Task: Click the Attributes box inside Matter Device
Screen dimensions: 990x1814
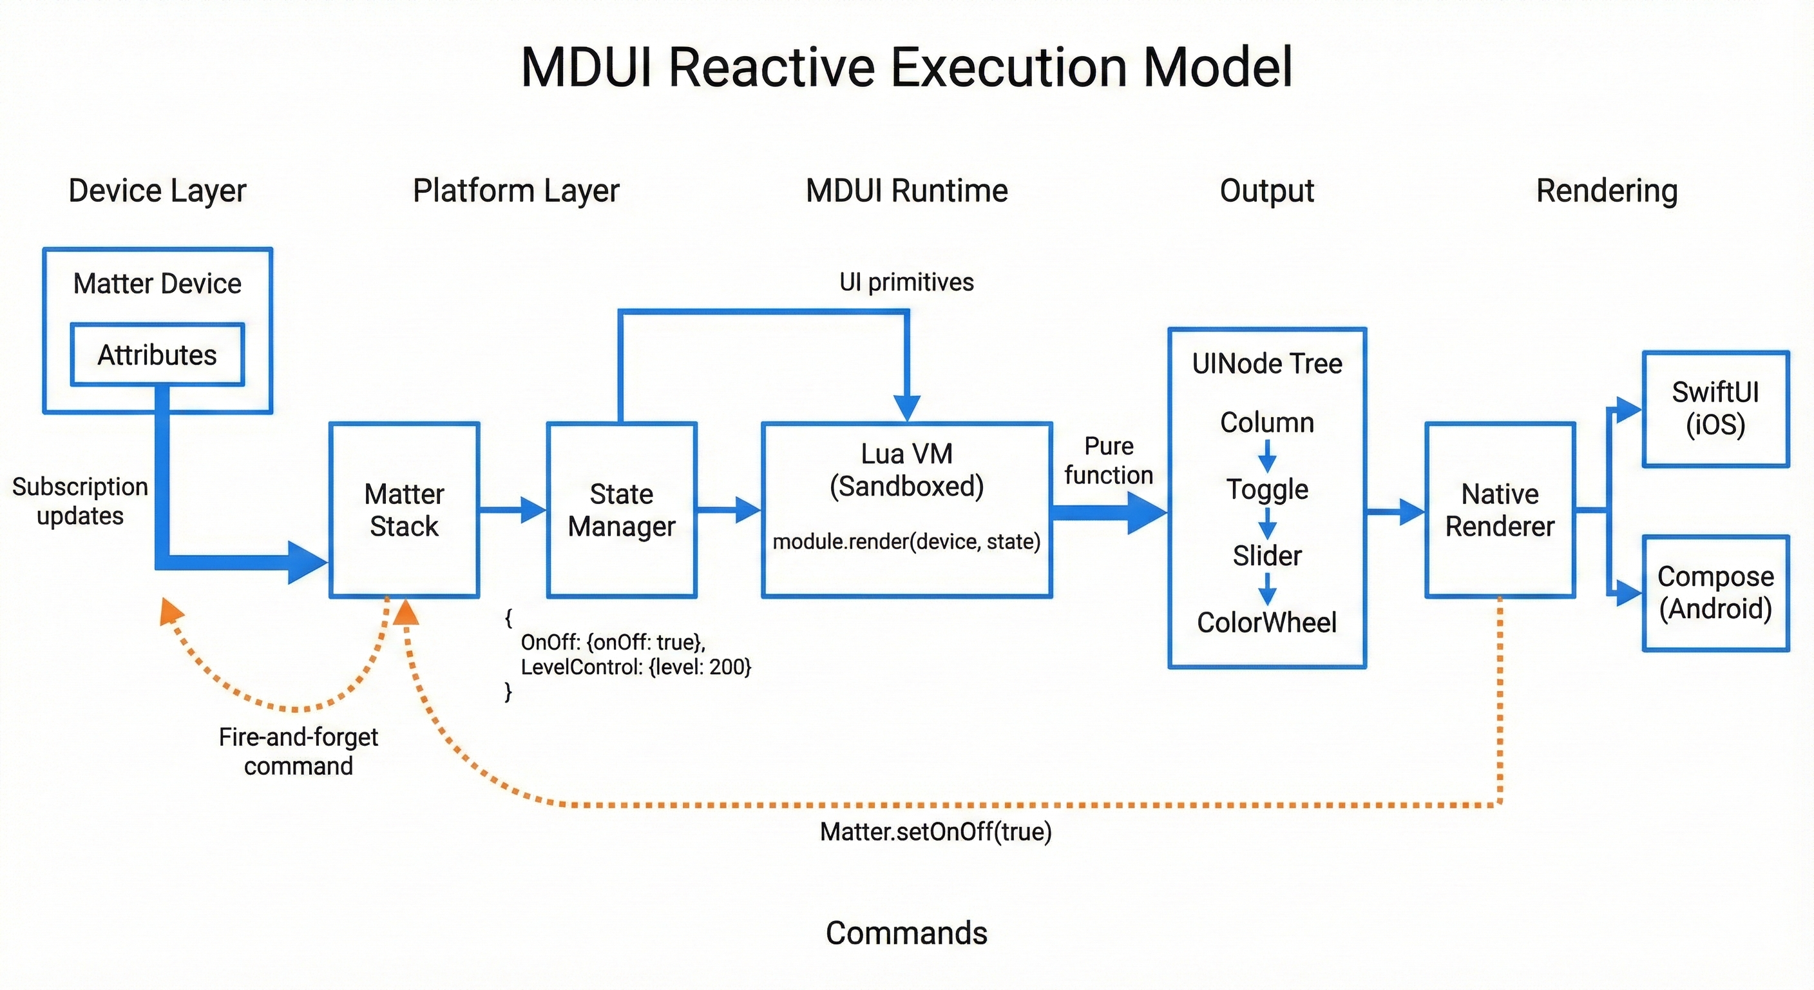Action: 157,354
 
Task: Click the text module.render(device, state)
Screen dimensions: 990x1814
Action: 906,541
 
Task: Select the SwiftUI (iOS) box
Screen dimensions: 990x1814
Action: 1715,409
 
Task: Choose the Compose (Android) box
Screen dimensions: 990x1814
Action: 1715,592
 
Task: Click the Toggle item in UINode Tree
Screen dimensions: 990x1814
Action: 1267,489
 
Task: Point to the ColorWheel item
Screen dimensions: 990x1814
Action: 1267,622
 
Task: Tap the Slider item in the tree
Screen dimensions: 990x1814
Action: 1267,556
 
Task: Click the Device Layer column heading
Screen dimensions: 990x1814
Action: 157,191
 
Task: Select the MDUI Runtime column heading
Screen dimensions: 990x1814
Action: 906,191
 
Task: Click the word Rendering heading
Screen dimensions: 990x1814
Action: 1607,191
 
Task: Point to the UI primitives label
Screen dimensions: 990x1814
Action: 906,282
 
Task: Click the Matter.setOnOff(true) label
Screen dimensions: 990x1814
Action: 935,831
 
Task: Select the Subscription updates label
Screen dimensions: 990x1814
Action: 81,501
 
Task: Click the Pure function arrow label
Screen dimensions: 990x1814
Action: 1109,460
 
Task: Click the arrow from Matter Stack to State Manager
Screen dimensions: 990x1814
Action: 513,509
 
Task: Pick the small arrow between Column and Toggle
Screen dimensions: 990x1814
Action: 1267,456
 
